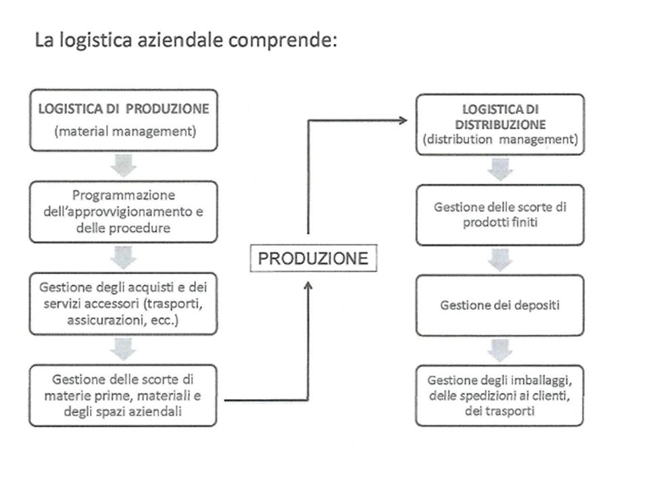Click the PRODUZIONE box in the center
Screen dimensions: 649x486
[x=313, y=259]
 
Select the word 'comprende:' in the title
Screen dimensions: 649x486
[x=283, y=40]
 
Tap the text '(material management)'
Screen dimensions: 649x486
[x=125, y=132]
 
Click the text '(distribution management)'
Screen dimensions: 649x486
[x=500, y=139]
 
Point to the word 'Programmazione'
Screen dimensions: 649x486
[x=124, y=195]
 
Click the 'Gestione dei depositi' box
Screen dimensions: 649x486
[x=500, y=305]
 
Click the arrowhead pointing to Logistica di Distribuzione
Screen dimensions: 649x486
[x=403, y=120]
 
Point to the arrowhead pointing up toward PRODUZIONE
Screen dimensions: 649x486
[x=308, y=286]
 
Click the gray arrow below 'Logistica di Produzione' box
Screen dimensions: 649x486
[x=123, y=165]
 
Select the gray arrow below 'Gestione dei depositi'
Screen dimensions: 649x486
[x=500, y=350]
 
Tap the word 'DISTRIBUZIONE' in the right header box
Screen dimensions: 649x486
[x=500, y=124]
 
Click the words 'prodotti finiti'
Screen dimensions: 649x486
[x=500, y=222]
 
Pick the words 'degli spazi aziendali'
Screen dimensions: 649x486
[x=123, y=412]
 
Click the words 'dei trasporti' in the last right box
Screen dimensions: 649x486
[x=500, y=411]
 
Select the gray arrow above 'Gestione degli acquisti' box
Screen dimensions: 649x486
[x=123, y=257]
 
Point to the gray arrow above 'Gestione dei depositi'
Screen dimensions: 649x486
[x=500, y=259]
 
